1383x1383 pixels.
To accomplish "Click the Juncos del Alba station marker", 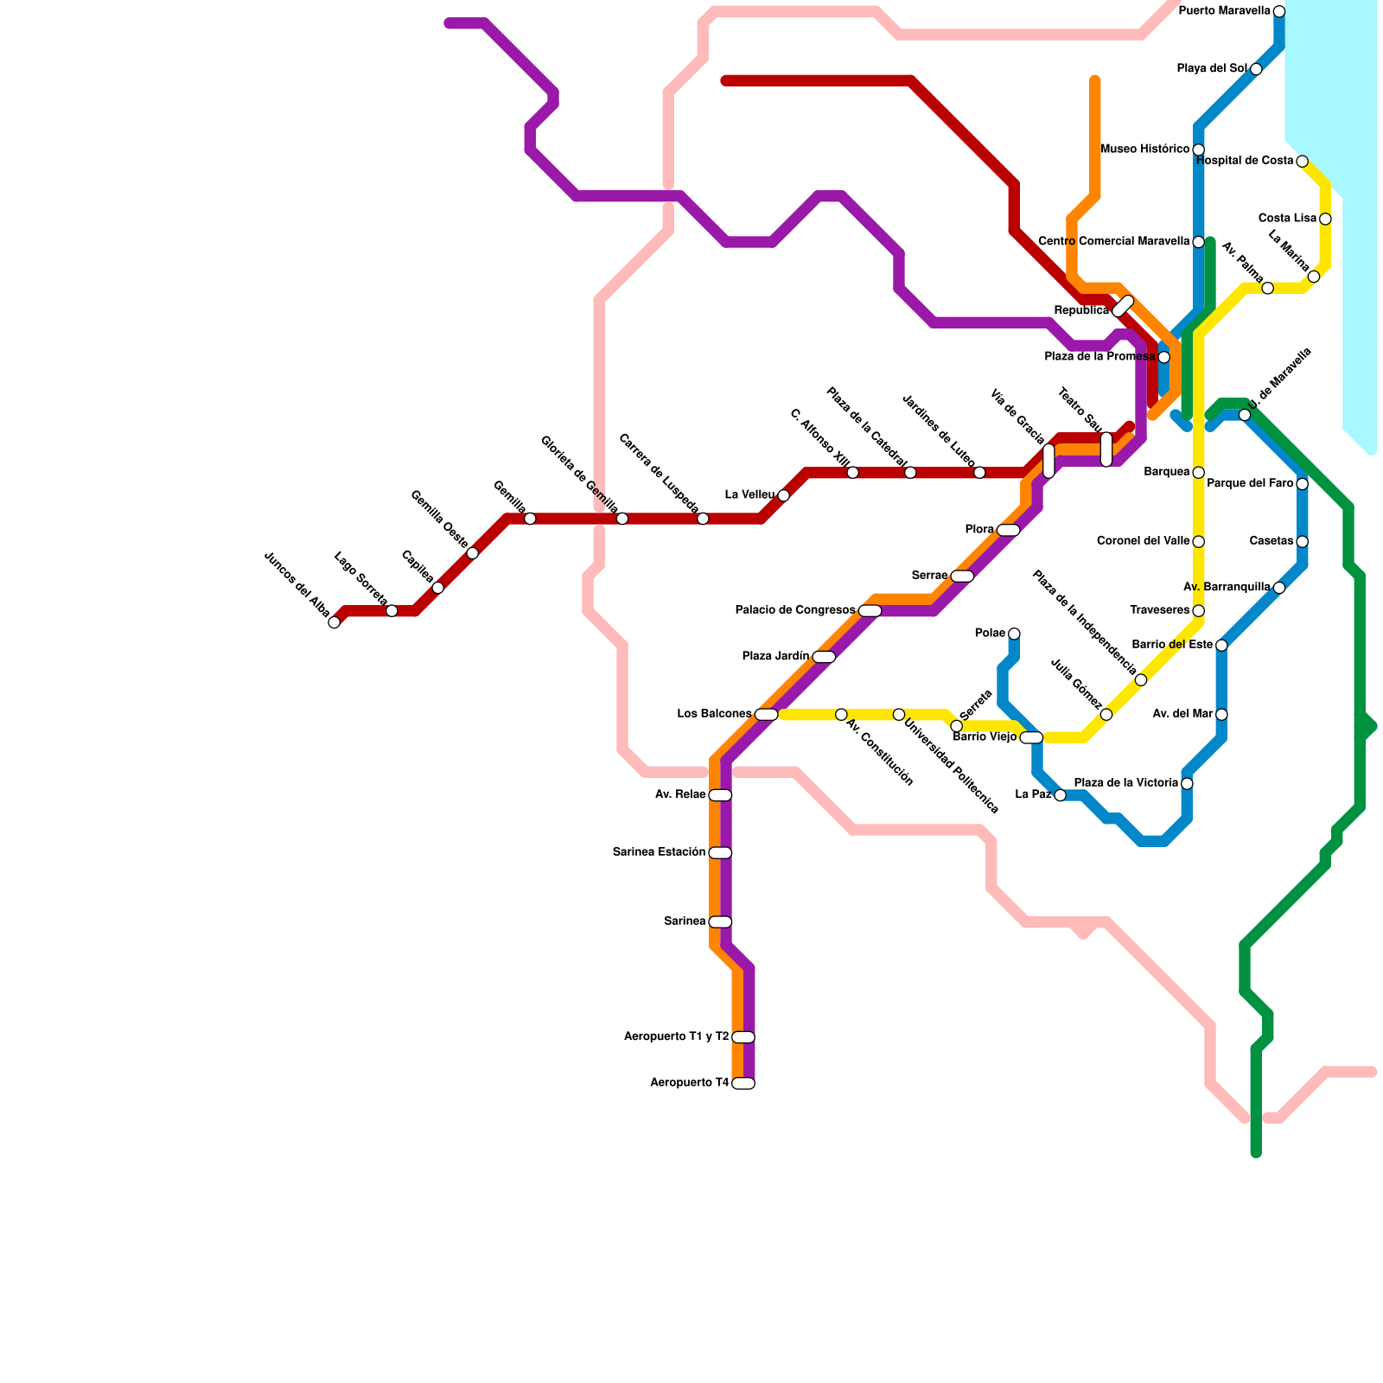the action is pyautogui.click(x=335, y=622).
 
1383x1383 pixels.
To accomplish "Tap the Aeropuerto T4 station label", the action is pyautogui.click(x=689, y=1083).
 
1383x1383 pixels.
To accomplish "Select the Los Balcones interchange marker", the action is pyautogui.click(x=766, y=714).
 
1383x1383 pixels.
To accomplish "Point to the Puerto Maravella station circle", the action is pyautogui.click(x=1278, y=11).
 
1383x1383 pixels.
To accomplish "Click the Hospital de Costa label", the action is pyautogui.click(x=1245, y=161).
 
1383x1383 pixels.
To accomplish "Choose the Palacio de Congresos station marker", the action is pyautogui.click(x=870, y=610).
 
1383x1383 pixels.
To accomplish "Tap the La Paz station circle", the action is pyautogui.click(x=1060, y=795).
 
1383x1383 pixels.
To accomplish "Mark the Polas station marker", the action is pyautogui.click(x=1014, y=634).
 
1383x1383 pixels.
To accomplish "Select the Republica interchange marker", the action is pyautogui.click(x=1123, y=306).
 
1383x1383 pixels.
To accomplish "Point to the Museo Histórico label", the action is pyautogui.click(x=1144, y=150).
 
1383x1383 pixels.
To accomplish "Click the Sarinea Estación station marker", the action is pyautogui.click(x=720, y=852).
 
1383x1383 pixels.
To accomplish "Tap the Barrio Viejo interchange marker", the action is pyautogui.click(x=1031, y=737).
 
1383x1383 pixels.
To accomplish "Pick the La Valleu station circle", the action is pyautogui.click(x=783, y=495).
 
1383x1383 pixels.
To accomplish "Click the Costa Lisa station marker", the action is pyautogui.click(x=1325, y=219).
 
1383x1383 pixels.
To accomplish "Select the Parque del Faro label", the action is pyautogui.click(x=1250, y=483).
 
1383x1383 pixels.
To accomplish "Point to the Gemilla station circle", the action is pyautogui.click(x=530, y=519).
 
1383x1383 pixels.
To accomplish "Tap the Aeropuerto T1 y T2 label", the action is pyautogui.click(x=676, y=1036).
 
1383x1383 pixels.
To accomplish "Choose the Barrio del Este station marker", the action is pyautogui.click(x=1221, y=645).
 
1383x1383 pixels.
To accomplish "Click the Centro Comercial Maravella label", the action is pyautogui.click(x=1113, y=241).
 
